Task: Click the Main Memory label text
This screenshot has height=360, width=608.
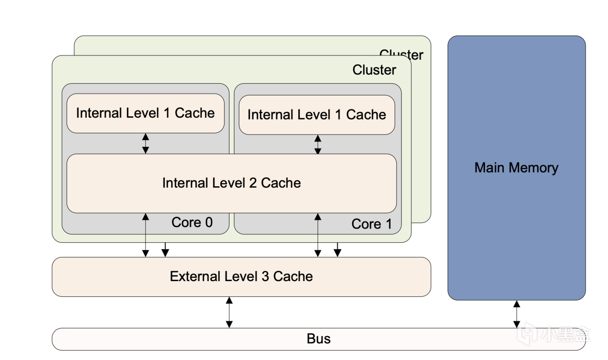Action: pyautogui.click(x=516, y=168)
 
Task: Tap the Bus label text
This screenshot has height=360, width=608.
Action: pyautogui.click(x=319, y=339)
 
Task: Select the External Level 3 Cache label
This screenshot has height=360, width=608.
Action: pyautogui.click(x=241, y=276)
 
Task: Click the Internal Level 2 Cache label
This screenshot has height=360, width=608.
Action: pyautogui.click(x=231, y=183)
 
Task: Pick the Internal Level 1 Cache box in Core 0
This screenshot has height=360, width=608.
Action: pyautogui.click(x=145, y=113)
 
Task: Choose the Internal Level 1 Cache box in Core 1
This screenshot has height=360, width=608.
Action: pyautogui.click(x=317, y=115)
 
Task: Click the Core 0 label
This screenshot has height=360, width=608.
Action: pyautogui.click(x=192, y=222)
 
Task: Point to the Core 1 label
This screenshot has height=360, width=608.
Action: pyautogui.click(x=371, y=224)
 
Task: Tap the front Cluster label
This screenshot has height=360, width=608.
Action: pyautogui.click(x=374, y=70)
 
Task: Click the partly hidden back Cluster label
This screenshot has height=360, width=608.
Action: pyautogui.click(x=401, y=54)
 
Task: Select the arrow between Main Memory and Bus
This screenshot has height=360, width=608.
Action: pyautogui.click(x=516, y=314)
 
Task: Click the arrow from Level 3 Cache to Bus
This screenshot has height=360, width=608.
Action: pyautogui.click(x=229, y=312)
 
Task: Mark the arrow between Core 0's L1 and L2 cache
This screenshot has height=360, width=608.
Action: pyautogui.click(x=146, y=143)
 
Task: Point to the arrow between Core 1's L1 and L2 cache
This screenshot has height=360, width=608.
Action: pyautogui.click(x=318, y=144)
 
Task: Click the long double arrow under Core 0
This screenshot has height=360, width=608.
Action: pyautogui.click(x=146, y=235)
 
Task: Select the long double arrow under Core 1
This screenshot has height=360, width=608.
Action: pyautogui.click(x=318, y=235)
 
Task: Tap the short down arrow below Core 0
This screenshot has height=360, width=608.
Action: pyautogui.click(x=165, y=250)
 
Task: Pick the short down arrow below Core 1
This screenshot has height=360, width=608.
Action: pyautogui.click(x=337, y=250)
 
